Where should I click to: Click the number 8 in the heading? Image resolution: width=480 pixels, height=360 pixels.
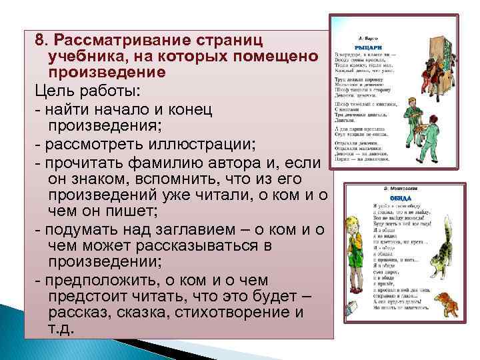pos(40,40)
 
